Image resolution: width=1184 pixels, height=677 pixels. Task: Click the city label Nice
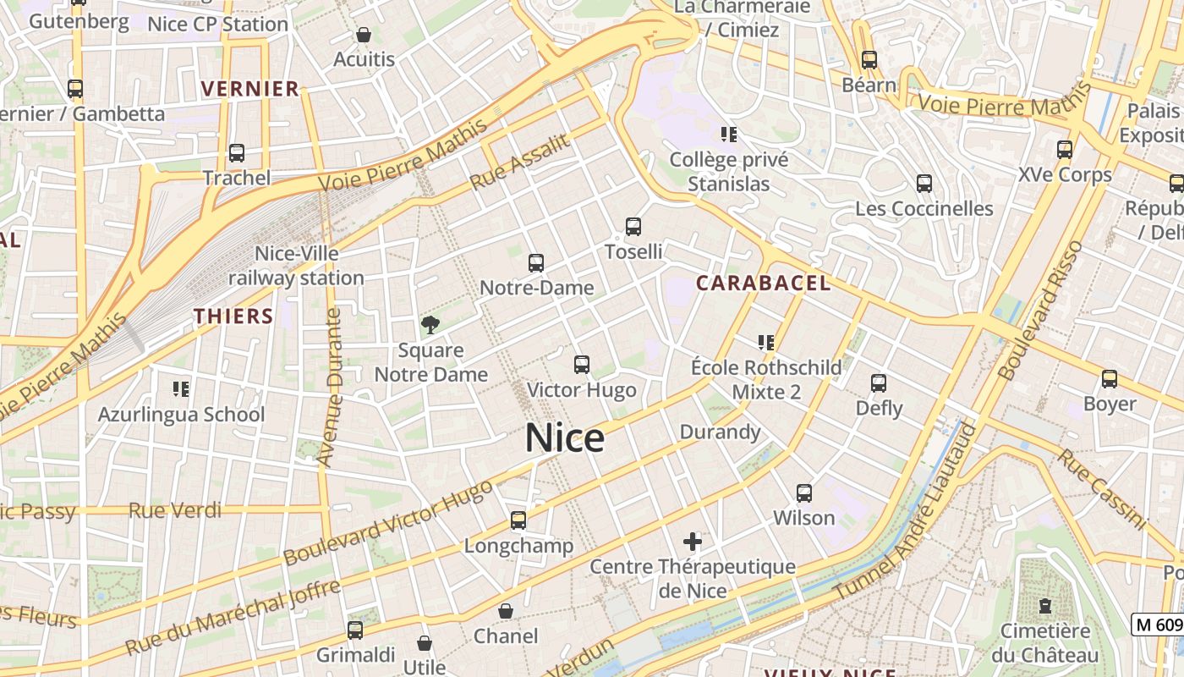(x=564, y=438)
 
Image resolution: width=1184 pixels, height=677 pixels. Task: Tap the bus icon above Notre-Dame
(x=535, y=263)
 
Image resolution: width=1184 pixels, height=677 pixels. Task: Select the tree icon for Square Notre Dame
(x=430, y=324)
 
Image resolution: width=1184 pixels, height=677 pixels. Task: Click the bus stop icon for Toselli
(x=633, y=227)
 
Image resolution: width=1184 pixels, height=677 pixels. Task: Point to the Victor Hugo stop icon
(x=581, y=365)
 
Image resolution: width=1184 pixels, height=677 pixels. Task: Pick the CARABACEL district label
(x=763, y=283)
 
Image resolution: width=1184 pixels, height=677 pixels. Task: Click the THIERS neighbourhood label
(x=233, y=316)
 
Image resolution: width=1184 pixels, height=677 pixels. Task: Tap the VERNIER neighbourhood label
(x=250, y=89)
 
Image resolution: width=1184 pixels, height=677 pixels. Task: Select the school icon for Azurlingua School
(x=180, y=389)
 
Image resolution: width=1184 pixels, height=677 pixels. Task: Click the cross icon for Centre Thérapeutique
(x=693, y=541)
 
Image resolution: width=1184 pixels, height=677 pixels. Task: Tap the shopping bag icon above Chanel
(x=506, y=610)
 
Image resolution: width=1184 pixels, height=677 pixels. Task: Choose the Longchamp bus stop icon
(x=518, y=520)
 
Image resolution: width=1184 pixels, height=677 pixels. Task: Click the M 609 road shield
(x=1157, y=625)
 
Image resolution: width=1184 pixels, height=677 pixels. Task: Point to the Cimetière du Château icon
(x=1045, y=606)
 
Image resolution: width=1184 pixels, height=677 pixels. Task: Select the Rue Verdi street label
(x=175, y=510)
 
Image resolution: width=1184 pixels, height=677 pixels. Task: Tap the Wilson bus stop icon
(x=803, y=493)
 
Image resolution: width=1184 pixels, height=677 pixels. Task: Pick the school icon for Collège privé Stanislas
(x=728, y=134)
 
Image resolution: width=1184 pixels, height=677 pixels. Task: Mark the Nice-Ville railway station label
(x=296, y=266)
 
